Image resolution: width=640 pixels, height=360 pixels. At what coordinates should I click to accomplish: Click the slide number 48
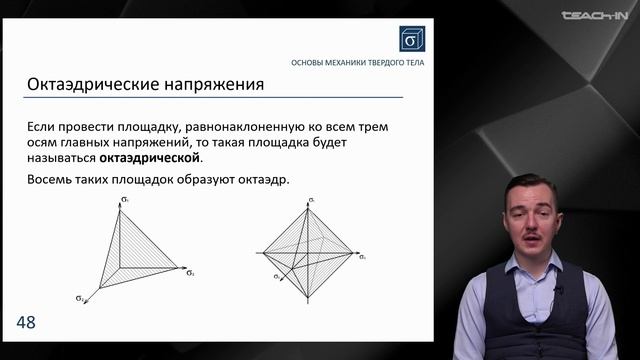pos(25,322)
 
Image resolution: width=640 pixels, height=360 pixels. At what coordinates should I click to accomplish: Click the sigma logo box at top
pos(411,38)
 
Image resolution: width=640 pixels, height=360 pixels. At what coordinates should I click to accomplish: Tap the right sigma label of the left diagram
pos(190,271)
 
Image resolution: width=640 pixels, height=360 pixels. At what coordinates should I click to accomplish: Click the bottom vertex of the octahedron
pos(307,300)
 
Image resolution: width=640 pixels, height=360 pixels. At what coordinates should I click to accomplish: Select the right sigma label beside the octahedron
pos(362,257)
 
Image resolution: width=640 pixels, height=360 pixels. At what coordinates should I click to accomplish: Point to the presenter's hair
pos(530,185)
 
